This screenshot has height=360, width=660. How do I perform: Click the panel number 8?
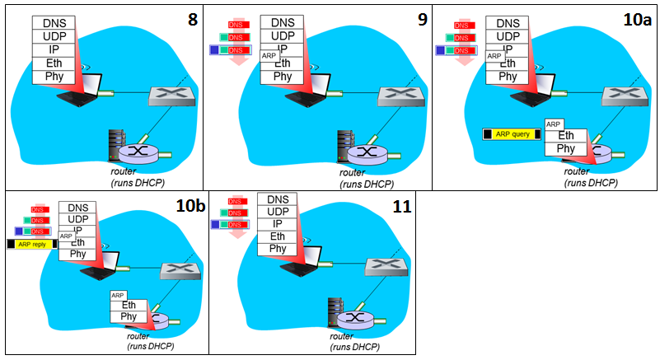coord(192,17)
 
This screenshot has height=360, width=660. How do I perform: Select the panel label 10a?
coord(639,17)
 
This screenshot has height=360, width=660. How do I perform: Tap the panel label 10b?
coord(190,207)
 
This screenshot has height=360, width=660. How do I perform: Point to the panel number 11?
coord(401,207)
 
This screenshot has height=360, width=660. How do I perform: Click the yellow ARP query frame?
coord(512,133)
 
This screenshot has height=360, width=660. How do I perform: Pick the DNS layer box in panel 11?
coord(278,199)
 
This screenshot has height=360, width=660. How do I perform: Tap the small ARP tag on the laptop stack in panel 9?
coord(269,56)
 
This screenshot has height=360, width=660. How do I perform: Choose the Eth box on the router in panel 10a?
coord(566,135)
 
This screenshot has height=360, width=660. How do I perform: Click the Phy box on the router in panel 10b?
coord(129,316)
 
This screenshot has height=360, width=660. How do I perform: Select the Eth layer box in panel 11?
coord(278,236)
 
